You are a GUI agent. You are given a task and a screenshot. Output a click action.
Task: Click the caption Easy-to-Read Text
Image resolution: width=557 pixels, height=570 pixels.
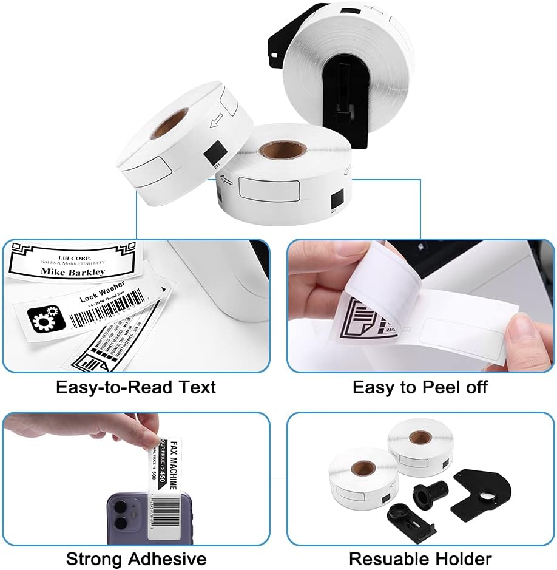[x=136, y=387]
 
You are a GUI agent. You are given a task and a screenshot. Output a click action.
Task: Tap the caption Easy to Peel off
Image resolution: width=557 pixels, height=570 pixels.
[x=420, y=387]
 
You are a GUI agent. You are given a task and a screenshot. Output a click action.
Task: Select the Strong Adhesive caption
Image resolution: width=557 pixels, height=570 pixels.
[x=136, y=558]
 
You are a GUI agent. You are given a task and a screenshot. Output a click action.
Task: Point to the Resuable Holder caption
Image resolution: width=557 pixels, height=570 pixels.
[x=420, y=558]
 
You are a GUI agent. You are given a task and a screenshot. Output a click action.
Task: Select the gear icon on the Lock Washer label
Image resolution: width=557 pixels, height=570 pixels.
[x=42, y=317]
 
